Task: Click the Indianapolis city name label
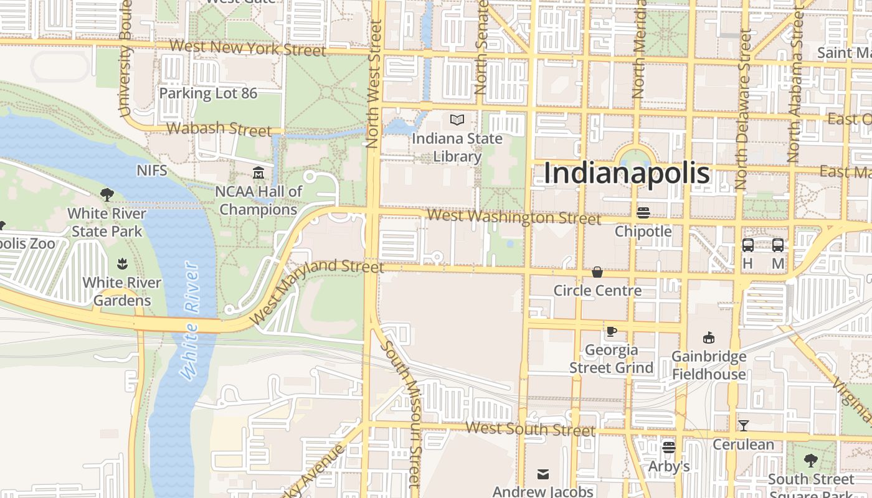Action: (626, 173)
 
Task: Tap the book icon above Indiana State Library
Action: (457, 120)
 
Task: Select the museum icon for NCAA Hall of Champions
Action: (258, 172)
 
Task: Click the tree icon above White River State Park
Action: (107, 195)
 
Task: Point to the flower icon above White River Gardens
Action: (122, 264)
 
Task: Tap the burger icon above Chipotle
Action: (643, 213)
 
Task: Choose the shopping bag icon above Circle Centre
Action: (597, 272)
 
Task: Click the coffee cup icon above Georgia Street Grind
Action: (611, 331)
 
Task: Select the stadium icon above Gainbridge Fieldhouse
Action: (708, 338)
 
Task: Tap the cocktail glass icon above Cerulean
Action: (743, 426)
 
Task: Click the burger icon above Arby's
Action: (669, 447)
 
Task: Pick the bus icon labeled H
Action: (748, 245)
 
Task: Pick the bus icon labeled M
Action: (778, 245)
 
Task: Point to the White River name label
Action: (191, 321)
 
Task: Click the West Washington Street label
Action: (514, 217)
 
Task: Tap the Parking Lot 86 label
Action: (208, 93)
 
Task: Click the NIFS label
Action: (152, 170)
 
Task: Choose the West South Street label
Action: (530, 428)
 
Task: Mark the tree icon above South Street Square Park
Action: (810, 461)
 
